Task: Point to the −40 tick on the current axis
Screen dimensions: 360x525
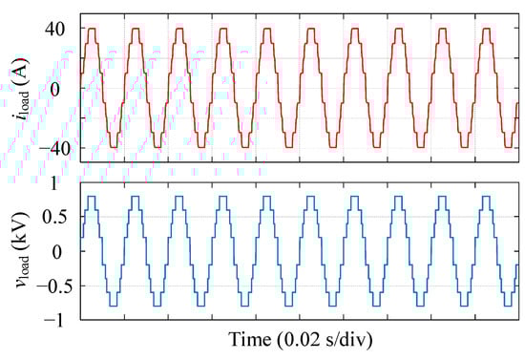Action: point(52,149)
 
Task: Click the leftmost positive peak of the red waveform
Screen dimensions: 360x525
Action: point(92,29)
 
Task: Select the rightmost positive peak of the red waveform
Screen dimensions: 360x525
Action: point(489,29)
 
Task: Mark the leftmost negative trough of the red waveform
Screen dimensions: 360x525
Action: point(114,147)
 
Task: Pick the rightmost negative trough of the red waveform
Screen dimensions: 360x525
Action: point(467,147)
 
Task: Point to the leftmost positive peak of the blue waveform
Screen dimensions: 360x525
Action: point(92,197)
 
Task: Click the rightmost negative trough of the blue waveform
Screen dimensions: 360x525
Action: point(467,305)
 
